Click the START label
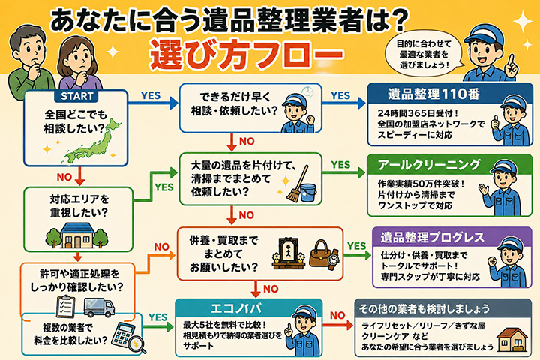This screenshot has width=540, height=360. point(76,96)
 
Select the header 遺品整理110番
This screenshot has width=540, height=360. point(433,94)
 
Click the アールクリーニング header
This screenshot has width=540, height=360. point(429,165)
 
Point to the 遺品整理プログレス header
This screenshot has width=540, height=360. point(432,237)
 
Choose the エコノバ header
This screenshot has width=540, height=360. point(236,308)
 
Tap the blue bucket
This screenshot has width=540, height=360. point(308,192)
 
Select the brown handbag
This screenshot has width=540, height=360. point(321,254)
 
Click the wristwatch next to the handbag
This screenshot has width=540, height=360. point(333,259)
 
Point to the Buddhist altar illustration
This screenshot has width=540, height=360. point(289,253)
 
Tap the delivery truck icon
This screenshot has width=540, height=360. point(99,307)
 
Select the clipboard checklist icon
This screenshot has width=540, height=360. point(65,306)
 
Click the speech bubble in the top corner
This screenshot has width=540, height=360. point(424,54)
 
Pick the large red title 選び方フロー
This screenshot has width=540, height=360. point(247,54)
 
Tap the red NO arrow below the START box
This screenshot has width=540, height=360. point(80,176)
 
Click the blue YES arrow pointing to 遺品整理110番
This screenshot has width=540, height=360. point(343,103)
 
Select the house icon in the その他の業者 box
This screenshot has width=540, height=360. point(511,339)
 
